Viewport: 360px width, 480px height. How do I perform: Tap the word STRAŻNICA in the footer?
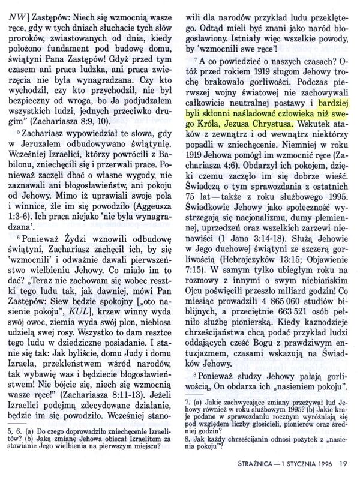(x=255, y=463)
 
